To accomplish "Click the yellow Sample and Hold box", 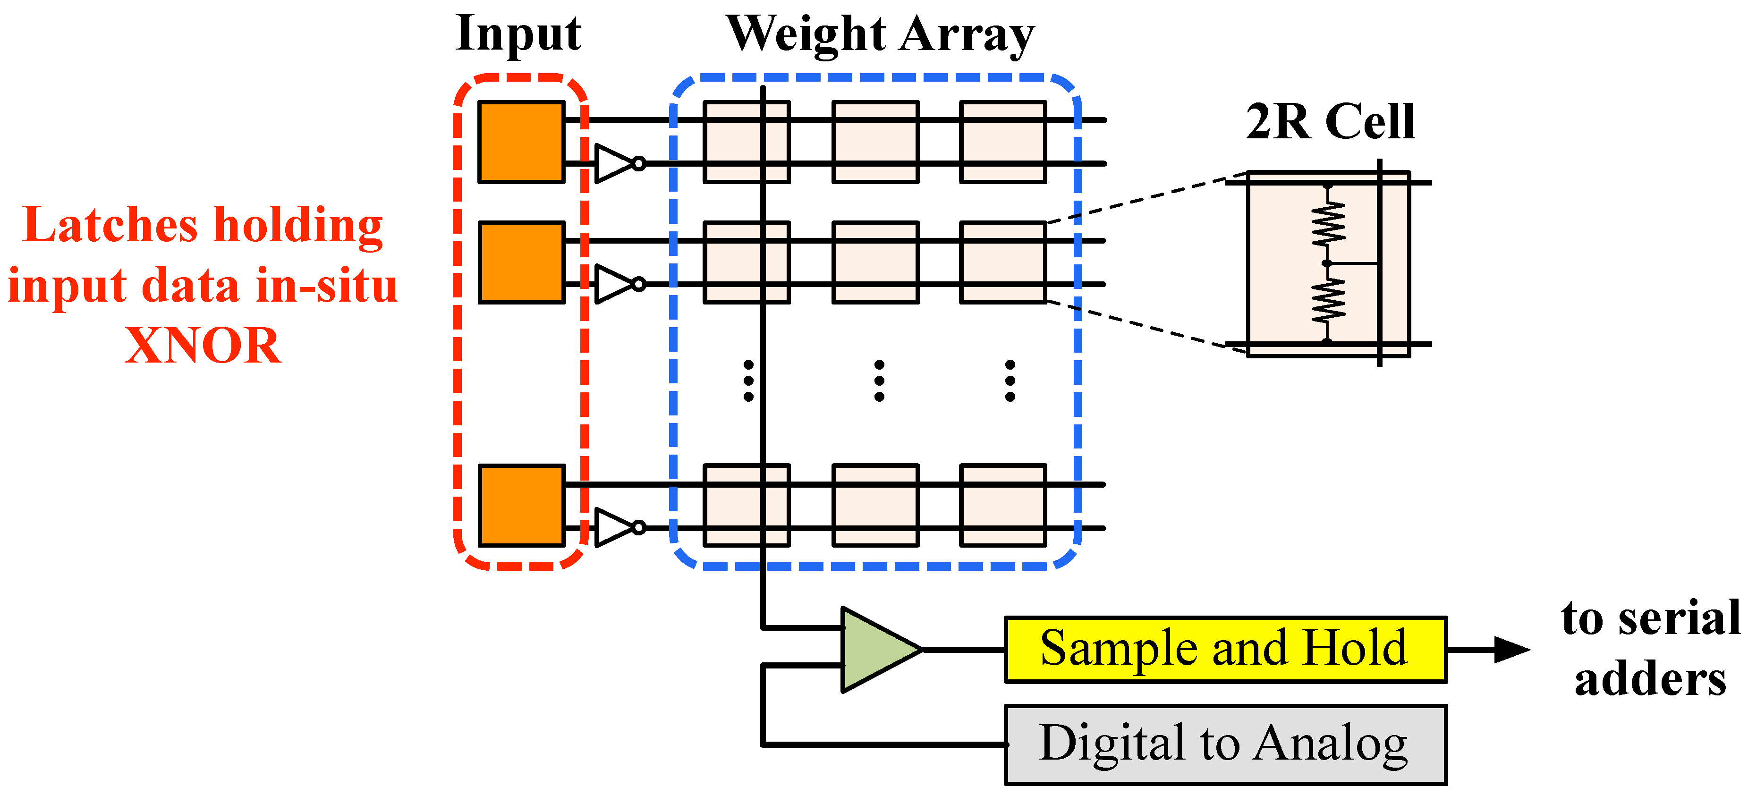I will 1225,649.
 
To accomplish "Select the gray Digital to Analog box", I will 1225,744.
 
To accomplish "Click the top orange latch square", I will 521,142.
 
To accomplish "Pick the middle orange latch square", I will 521,262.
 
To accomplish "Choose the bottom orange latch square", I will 521,505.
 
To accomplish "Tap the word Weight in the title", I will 806,34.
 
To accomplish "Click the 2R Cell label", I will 1330,122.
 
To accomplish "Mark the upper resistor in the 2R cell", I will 1328,224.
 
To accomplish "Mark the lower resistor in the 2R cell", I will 1328,302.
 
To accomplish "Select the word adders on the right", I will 1650,680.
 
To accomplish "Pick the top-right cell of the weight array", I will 1002,142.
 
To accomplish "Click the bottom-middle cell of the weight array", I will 875,505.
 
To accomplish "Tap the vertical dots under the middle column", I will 879,381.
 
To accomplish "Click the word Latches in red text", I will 110,225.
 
